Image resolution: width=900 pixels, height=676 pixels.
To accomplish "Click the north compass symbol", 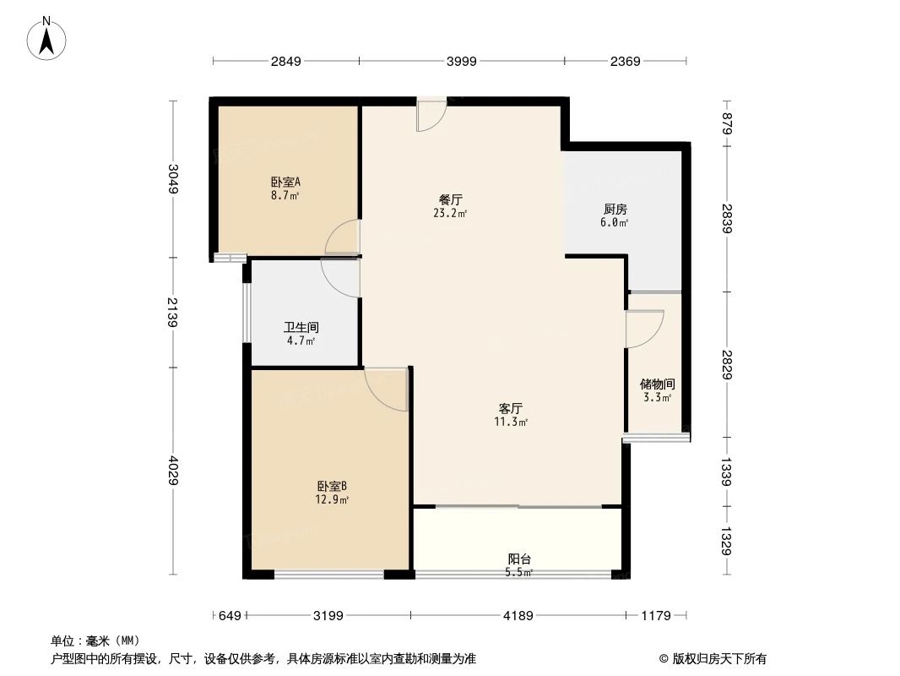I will (47, 38).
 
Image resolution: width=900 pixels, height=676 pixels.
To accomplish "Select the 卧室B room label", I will (332, 486).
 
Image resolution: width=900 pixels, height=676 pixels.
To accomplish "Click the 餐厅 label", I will (450, 200).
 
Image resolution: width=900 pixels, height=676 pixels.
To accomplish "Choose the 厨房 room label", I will (615, 210).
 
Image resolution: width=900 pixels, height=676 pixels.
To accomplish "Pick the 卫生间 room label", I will (301, 327).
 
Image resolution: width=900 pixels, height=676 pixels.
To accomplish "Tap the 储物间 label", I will (657, 384).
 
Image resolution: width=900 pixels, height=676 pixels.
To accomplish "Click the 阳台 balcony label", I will (519, 559).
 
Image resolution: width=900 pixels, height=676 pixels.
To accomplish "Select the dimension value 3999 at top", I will (461, 61).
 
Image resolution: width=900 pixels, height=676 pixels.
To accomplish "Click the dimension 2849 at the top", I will (285, 61).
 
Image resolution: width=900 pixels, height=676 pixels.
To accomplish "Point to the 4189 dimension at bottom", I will (518, 616).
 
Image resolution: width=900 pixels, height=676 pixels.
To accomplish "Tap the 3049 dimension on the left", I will (173, 179).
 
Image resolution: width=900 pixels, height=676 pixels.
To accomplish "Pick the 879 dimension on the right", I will (727, 123).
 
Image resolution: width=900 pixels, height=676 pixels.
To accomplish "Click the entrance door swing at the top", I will (431, 116).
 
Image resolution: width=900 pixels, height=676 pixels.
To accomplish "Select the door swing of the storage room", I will (643, 329).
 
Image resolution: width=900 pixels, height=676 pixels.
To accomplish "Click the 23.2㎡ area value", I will (450, 214).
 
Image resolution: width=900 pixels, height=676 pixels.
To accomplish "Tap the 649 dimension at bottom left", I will (230, 616).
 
